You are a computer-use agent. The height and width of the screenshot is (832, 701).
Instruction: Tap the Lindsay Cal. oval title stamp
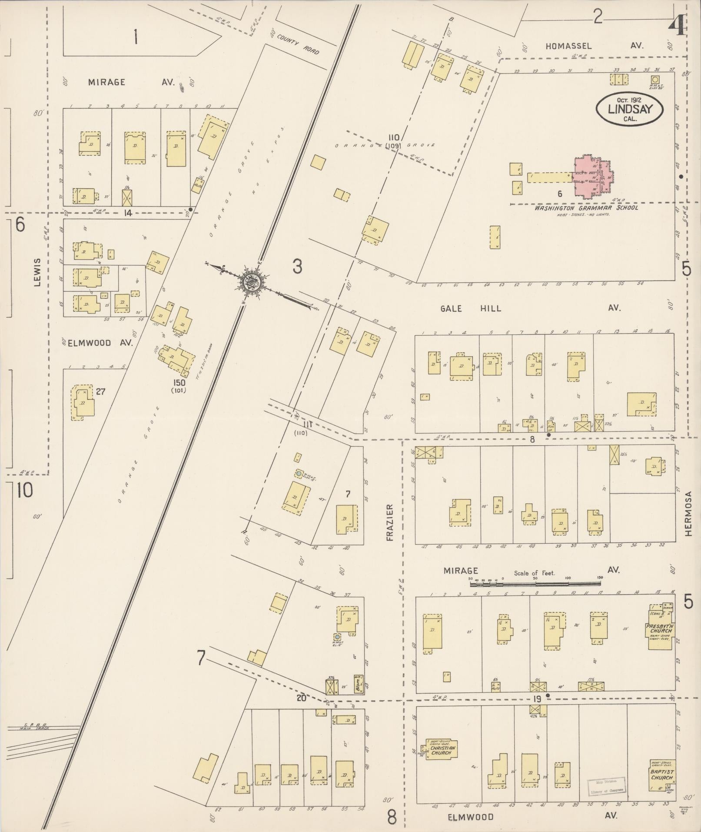point(630,109)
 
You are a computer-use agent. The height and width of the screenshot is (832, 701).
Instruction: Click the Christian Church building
point(442,749)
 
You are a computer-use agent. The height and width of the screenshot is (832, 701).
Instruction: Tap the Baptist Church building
point(662,776)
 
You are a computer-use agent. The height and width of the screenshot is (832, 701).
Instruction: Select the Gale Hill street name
point(471,308)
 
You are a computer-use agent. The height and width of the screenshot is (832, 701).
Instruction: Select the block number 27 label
point(100,391)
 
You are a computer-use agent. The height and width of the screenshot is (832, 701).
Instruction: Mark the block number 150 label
point(179,383)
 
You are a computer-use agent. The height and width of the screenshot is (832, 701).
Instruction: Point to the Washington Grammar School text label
point(586,208)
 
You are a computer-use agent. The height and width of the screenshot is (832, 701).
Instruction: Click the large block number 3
point(297,267)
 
